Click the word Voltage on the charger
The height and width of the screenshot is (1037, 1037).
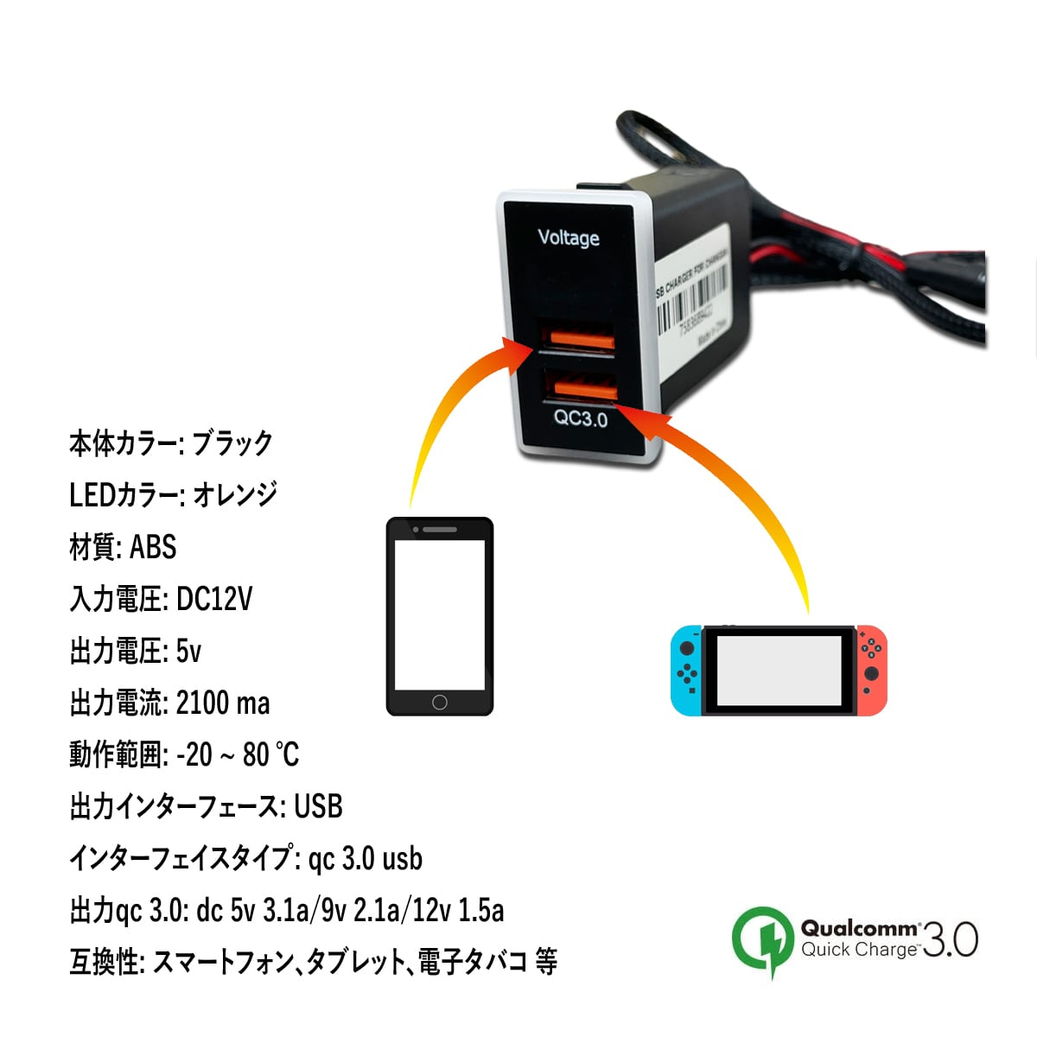[x=568, y=238]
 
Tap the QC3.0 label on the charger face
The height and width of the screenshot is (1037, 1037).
[x=581, y=419]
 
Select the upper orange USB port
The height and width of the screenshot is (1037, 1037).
[x=576, y=338]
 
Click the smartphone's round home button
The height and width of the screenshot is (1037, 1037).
[x=439, y=702]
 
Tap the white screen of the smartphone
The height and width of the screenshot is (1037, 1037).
[x=439, y=614]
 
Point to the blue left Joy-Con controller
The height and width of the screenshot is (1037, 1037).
[x=687, y=671]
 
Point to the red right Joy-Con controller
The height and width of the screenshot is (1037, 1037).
[x=871, y=671]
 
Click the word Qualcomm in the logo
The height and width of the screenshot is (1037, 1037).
[x=859, y=929]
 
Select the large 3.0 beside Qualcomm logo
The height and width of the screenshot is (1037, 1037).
[x=950, y=939]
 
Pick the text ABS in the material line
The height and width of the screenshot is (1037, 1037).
[x=153, y=547]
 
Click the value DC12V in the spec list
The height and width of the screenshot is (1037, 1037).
[x=213, y=599]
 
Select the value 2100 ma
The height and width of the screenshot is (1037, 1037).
[x=222, y=703]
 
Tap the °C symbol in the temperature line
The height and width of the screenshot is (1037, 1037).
[x=286, y=754]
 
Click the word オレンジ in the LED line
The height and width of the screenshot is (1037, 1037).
[x=234, y=494]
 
